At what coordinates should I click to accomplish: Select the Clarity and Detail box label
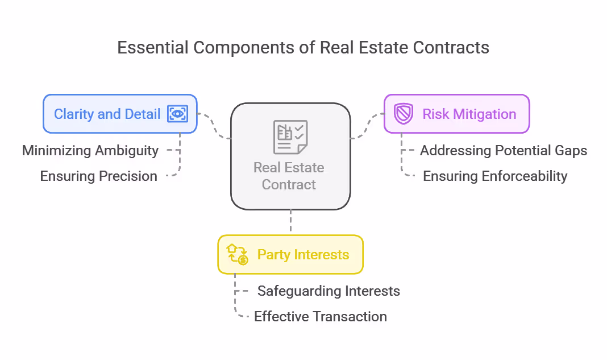(x=107, y=114)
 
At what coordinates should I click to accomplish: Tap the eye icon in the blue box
(x=177, y=114)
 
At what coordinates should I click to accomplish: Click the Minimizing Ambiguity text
(x=90, y=151)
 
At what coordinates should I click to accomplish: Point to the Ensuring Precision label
(x=98, y=176)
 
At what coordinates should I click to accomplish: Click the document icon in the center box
(x=290, y=137)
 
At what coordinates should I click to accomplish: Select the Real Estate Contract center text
(x=289, y=176)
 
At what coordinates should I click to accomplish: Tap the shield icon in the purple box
(x=404, y=114)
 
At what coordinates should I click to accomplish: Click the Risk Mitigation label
(x=469, y=114)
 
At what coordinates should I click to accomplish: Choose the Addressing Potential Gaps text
(x=503, y=151)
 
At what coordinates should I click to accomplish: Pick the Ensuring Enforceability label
(x=494, y=176)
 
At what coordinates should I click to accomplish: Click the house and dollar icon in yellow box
(x=238, y=254)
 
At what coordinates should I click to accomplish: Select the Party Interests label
(x=303, y=254)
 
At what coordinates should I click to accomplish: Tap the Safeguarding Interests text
(x=329, y=291)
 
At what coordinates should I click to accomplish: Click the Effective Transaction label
(x=320, y=317)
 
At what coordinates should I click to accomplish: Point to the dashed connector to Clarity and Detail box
(x=215, y=125)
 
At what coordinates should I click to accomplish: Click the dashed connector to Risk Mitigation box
(x=367, y=125)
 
